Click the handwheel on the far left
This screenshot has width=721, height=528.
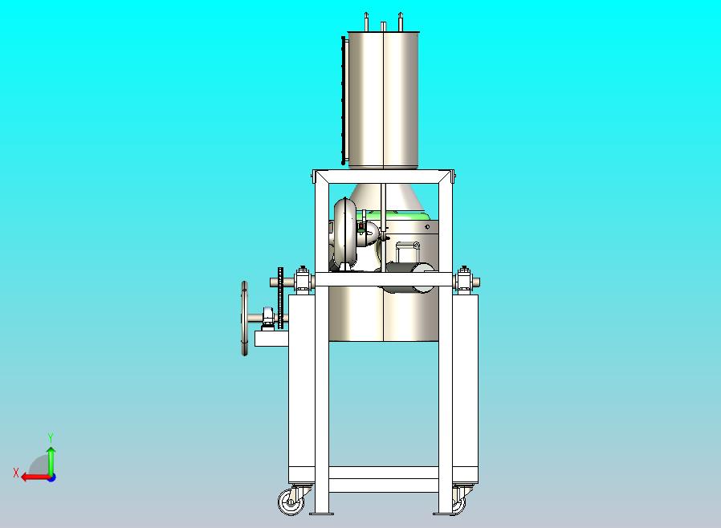245,319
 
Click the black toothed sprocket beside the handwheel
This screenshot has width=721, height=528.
281,298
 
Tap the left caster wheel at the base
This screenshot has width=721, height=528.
291,502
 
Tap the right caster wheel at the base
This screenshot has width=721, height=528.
459,503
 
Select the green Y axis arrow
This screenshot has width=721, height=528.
51,461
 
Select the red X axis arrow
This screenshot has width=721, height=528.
36,477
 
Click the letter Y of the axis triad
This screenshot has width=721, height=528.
51,437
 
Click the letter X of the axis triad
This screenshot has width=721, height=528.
16,473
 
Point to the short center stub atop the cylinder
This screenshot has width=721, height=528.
383,26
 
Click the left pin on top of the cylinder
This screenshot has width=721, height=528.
366,22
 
